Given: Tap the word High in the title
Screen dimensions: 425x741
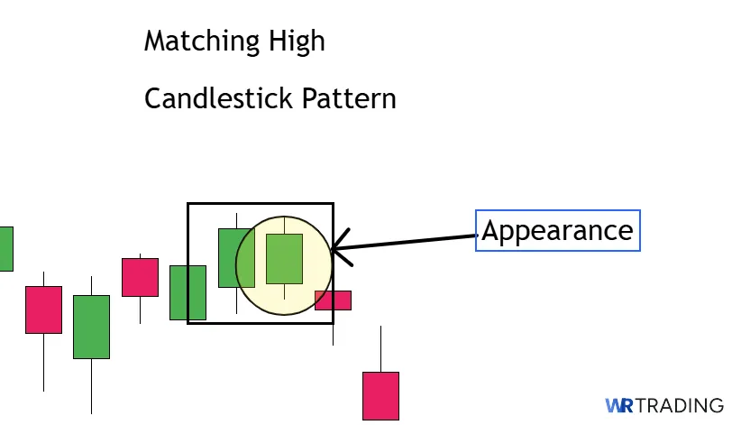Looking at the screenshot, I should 297,42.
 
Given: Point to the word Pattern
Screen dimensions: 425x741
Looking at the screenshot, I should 349,97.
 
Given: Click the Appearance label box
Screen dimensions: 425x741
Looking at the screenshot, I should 557,230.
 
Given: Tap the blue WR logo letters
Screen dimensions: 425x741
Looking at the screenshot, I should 619,406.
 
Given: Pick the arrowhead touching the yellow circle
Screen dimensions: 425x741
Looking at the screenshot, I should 338,250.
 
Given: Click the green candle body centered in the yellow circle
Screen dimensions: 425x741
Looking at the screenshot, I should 284,259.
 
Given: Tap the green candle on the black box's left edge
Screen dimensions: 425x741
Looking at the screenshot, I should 188,292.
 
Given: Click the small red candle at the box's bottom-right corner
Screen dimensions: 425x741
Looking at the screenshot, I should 333,300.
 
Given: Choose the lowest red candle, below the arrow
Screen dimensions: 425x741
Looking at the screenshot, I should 380,394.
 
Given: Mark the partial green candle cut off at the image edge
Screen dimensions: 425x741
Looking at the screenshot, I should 5,248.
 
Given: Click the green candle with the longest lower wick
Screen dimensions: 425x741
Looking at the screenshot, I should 91,327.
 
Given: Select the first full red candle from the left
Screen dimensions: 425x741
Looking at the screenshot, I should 43,310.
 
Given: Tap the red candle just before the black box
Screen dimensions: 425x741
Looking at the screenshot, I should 140,277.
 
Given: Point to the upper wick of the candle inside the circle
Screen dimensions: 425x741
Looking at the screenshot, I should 284,225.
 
